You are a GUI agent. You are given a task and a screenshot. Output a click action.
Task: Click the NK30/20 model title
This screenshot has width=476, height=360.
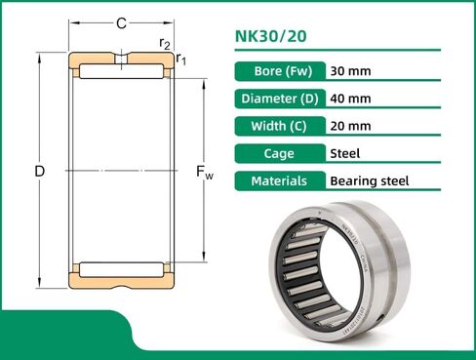271,38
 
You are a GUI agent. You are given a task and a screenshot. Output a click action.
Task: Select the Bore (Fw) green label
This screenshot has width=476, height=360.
279,71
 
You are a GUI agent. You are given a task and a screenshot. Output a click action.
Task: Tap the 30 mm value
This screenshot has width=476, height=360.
350,71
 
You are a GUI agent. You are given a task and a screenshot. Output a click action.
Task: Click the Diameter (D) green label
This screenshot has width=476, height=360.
279,99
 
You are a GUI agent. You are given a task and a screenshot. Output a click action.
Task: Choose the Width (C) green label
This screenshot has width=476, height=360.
279,126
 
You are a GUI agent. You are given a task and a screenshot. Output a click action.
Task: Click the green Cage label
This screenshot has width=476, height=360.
279,153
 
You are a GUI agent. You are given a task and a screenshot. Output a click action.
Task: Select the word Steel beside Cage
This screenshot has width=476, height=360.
346,153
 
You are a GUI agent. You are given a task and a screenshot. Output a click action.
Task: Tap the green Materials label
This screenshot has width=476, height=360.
279,180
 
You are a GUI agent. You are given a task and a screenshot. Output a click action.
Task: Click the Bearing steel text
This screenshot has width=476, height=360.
370,181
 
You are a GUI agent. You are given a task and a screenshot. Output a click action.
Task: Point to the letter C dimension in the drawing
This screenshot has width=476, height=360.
121,22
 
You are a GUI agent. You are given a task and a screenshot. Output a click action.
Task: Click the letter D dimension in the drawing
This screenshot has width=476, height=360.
39,171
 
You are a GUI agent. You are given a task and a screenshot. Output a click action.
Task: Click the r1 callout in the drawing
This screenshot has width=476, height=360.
181,60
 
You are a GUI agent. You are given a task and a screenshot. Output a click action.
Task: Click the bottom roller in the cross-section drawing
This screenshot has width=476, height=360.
121,268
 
